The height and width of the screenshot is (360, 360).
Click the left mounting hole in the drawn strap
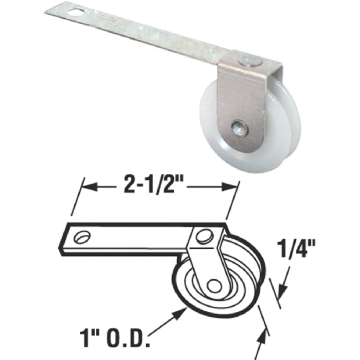pos(82,236)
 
